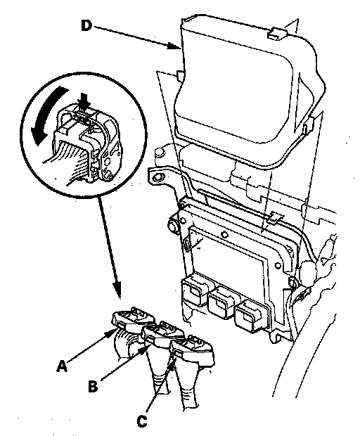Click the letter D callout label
point(86,26)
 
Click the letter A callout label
point(62,366)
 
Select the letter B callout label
point(93,387)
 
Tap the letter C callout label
point(142,421)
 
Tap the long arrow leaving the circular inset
point(110,248)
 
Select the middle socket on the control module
point(221,301)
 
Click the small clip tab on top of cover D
point(276,33)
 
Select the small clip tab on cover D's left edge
point(179,76)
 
